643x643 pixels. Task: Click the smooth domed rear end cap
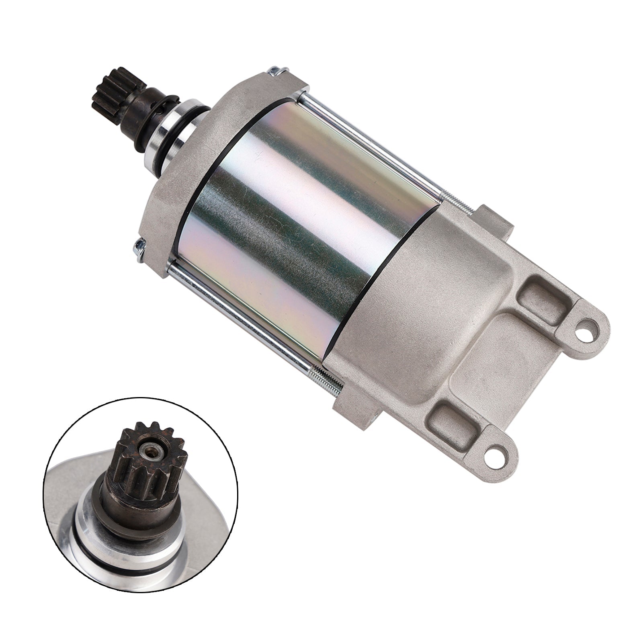click(402, 305)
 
